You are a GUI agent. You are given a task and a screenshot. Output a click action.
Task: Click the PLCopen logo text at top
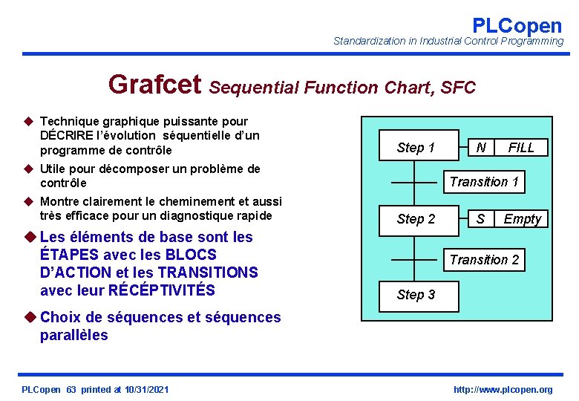(x=517, y=25)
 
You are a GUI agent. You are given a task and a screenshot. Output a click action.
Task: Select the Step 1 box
(x=416, y=148)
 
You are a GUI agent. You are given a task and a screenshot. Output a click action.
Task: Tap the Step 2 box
(x=416, y=218)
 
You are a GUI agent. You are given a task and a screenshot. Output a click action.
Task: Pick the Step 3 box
(x=416, y=295)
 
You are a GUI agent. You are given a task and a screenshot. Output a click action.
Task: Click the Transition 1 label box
(x=484, y=182)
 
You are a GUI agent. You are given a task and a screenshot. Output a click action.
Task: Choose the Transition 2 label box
(x=484, y=259)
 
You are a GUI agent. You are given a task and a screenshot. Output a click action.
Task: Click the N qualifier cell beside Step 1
(x=481, y=148)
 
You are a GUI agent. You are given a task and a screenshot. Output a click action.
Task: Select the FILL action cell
(x=520, y=148)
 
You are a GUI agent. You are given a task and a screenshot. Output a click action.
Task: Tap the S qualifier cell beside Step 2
(x=481, y=218)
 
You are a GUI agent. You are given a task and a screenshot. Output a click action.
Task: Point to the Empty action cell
(x=522, y=218)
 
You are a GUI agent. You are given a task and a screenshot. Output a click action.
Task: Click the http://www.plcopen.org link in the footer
(x=503, y=390)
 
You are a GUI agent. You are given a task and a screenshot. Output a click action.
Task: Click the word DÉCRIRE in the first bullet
(x=68, y=135)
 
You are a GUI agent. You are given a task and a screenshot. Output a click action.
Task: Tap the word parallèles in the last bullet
(x=73, y=335)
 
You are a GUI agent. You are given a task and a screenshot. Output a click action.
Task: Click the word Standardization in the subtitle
(x=370, y=41)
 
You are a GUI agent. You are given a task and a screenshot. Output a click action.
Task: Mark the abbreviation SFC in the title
(x=458, y=88)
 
